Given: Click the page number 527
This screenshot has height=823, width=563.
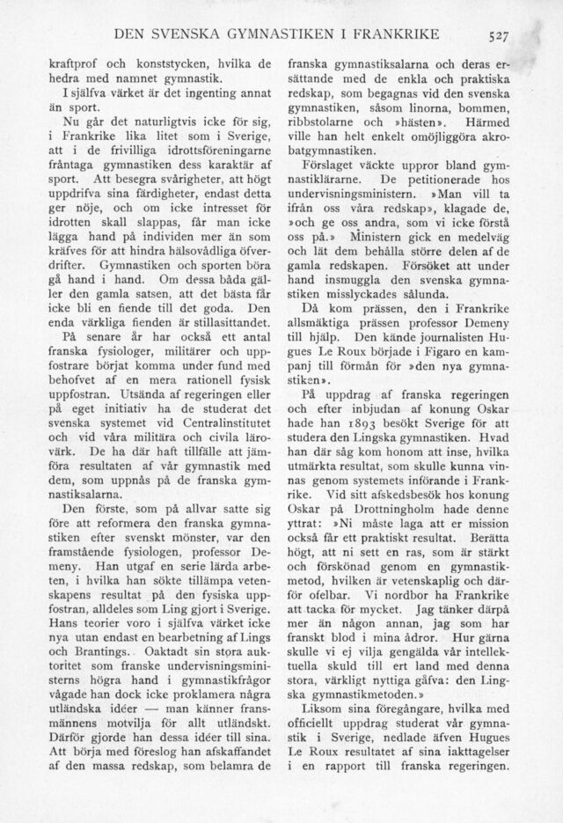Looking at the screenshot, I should pos(501,35).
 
